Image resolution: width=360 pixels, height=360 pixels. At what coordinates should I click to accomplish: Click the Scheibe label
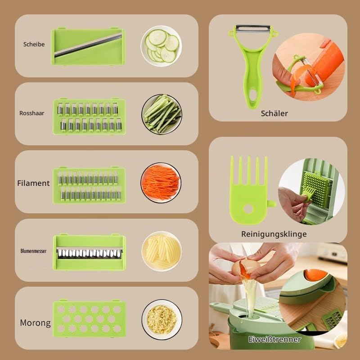coord(34,44)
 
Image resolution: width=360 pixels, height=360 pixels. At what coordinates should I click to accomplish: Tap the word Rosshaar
coord(31,113)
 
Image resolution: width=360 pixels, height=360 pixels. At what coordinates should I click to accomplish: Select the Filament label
coord(33,183)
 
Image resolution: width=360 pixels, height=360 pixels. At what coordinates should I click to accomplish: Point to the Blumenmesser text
coord(33,251)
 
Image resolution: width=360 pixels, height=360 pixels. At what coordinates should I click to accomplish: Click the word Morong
coord(35,323)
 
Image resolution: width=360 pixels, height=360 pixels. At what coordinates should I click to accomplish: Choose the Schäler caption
coord(274,113)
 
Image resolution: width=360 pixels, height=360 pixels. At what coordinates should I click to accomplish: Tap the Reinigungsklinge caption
coord(274,234)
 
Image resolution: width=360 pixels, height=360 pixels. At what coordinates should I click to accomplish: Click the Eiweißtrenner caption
coord(274,339)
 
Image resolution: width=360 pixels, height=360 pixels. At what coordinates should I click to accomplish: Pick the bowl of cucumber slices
coord(161,46)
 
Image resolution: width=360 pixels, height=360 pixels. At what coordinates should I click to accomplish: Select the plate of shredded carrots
coord(161,183)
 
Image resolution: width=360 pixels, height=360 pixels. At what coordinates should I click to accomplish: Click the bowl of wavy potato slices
coord(162,251)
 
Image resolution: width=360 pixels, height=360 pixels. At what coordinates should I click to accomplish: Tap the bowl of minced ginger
coord(162,319)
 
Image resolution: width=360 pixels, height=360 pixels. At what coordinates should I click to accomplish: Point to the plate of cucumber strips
coord(162,114)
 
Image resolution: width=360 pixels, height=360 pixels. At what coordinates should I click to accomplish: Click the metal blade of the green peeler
coord(253,28)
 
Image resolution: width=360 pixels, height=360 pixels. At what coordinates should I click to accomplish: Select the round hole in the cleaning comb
coord(248,209)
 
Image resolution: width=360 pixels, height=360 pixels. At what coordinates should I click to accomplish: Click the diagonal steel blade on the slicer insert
coord(88,45)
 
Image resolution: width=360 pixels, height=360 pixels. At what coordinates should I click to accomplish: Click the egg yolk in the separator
coord(315,275)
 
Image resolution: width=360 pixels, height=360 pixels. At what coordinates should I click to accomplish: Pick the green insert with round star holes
coord(89,318)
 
